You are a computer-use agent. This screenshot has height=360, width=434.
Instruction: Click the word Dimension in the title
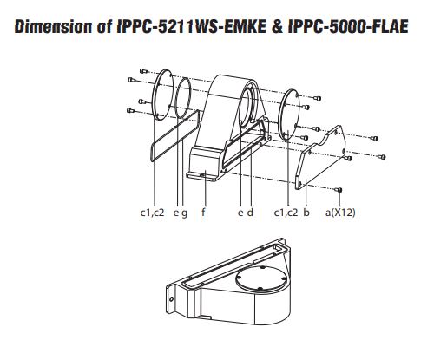(54, 27)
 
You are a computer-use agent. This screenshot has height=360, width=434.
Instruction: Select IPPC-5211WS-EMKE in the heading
(192, 27)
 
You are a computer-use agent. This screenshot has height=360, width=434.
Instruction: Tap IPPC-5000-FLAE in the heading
(348, 27)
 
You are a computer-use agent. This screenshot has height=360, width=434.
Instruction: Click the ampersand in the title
(277, 27)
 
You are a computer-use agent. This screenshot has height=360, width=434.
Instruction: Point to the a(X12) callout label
(340, 213)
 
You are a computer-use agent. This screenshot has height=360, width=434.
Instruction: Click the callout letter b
(306, 212)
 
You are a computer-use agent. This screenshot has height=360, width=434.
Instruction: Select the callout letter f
(204, 212)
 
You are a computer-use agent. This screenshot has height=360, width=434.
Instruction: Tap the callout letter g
(184, 213)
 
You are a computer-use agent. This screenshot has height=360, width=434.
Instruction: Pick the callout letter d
(250, 212)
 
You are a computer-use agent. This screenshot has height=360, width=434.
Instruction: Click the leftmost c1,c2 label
(152, 213)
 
